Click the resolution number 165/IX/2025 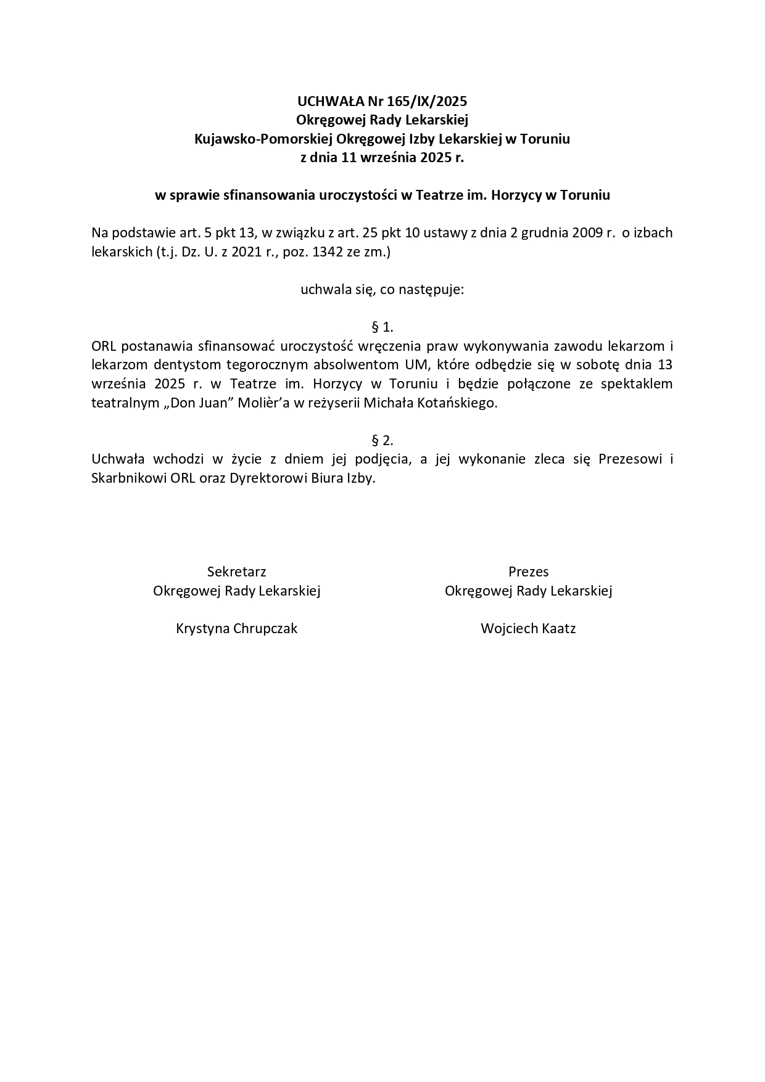[427, 101]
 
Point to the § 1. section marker [382, 327]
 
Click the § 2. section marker [382, 440]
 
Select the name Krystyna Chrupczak [237, 628]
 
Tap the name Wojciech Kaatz [528, 628]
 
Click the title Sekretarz [237, 572]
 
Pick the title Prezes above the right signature [528, 572]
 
